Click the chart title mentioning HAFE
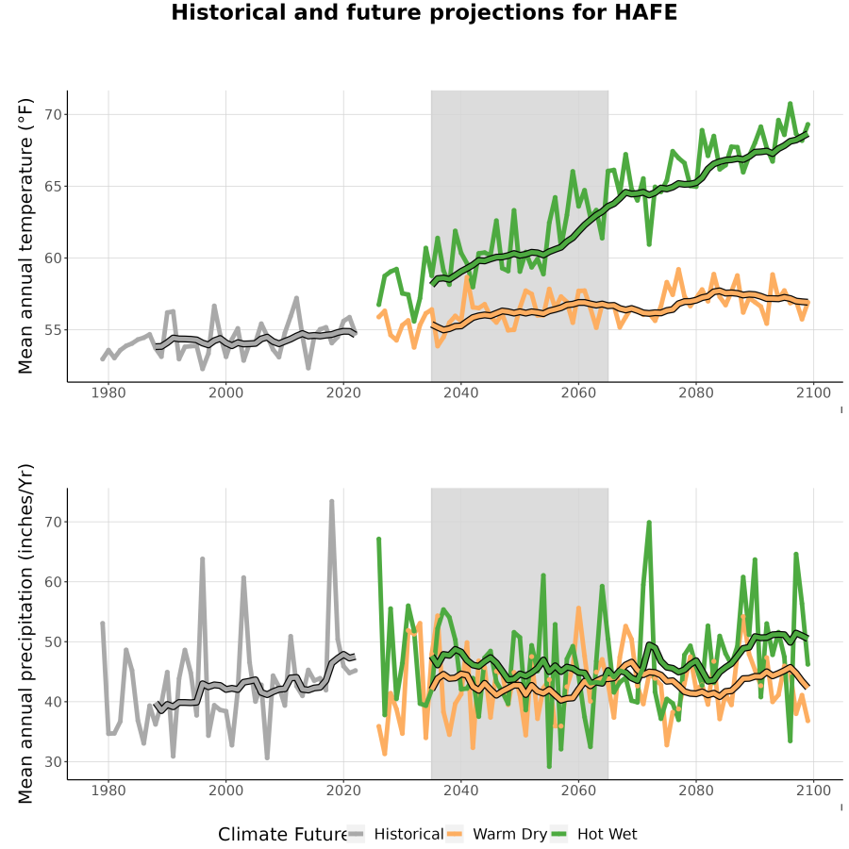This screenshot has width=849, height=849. point(424,12)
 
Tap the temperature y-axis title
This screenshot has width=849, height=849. point(25,236)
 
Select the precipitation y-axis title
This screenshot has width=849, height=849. point(25,634)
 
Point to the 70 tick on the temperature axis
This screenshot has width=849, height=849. point(53,115)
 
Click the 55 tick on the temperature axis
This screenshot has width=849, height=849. point(53,330)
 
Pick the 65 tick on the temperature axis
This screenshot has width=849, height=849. point(53,186)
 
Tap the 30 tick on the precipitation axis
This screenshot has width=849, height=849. point(53,762)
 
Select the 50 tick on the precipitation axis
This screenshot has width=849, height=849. point(53,641)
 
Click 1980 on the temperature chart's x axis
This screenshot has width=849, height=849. point(108,392)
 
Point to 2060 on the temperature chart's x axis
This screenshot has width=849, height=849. point(578,392)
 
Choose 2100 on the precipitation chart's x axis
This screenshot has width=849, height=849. point(813,791)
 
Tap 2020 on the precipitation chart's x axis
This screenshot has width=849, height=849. point(343,791)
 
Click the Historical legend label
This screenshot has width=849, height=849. point(408,834)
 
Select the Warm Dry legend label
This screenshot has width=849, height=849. point(510,834)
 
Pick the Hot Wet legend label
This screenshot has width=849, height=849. point(607,834)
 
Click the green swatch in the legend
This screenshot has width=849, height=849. point(558,834)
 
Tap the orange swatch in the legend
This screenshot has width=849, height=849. point(455,834)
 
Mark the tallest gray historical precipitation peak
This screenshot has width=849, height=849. point(332,502)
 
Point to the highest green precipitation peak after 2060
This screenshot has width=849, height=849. point(649,523)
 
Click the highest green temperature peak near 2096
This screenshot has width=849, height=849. point(790,104)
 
